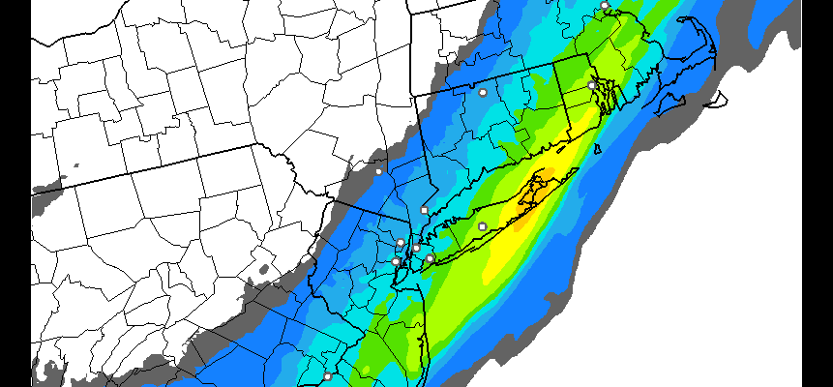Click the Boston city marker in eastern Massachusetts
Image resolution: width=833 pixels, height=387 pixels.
[605, 6]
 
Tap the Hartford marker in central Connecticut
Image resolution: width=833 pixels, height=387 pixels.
[483, 93]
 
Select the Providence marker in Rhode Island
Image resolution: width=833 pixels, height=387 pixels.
[591, 85]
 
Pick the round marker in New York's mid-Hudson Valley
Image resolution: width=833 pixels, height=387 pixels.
[378, 171]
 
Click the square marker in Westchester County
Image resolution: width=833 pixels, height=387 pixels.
[424, 210]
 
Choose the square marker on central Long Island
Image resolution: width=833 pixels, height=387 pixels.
[483, 226]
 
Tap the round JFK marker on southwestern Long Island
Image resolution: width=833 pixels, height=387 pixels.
[430, 258]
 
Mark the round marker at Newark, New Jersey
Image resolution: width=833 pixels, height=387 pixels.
[396, 261]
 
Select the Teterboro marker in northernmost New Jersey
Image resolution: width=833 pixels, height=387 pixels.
[401, 242]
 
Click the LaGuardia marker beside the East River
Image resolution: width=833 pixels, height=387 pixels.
[416, 249]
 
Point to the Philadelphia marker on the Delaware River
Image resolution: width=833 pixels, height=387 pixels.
[327, 376]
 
